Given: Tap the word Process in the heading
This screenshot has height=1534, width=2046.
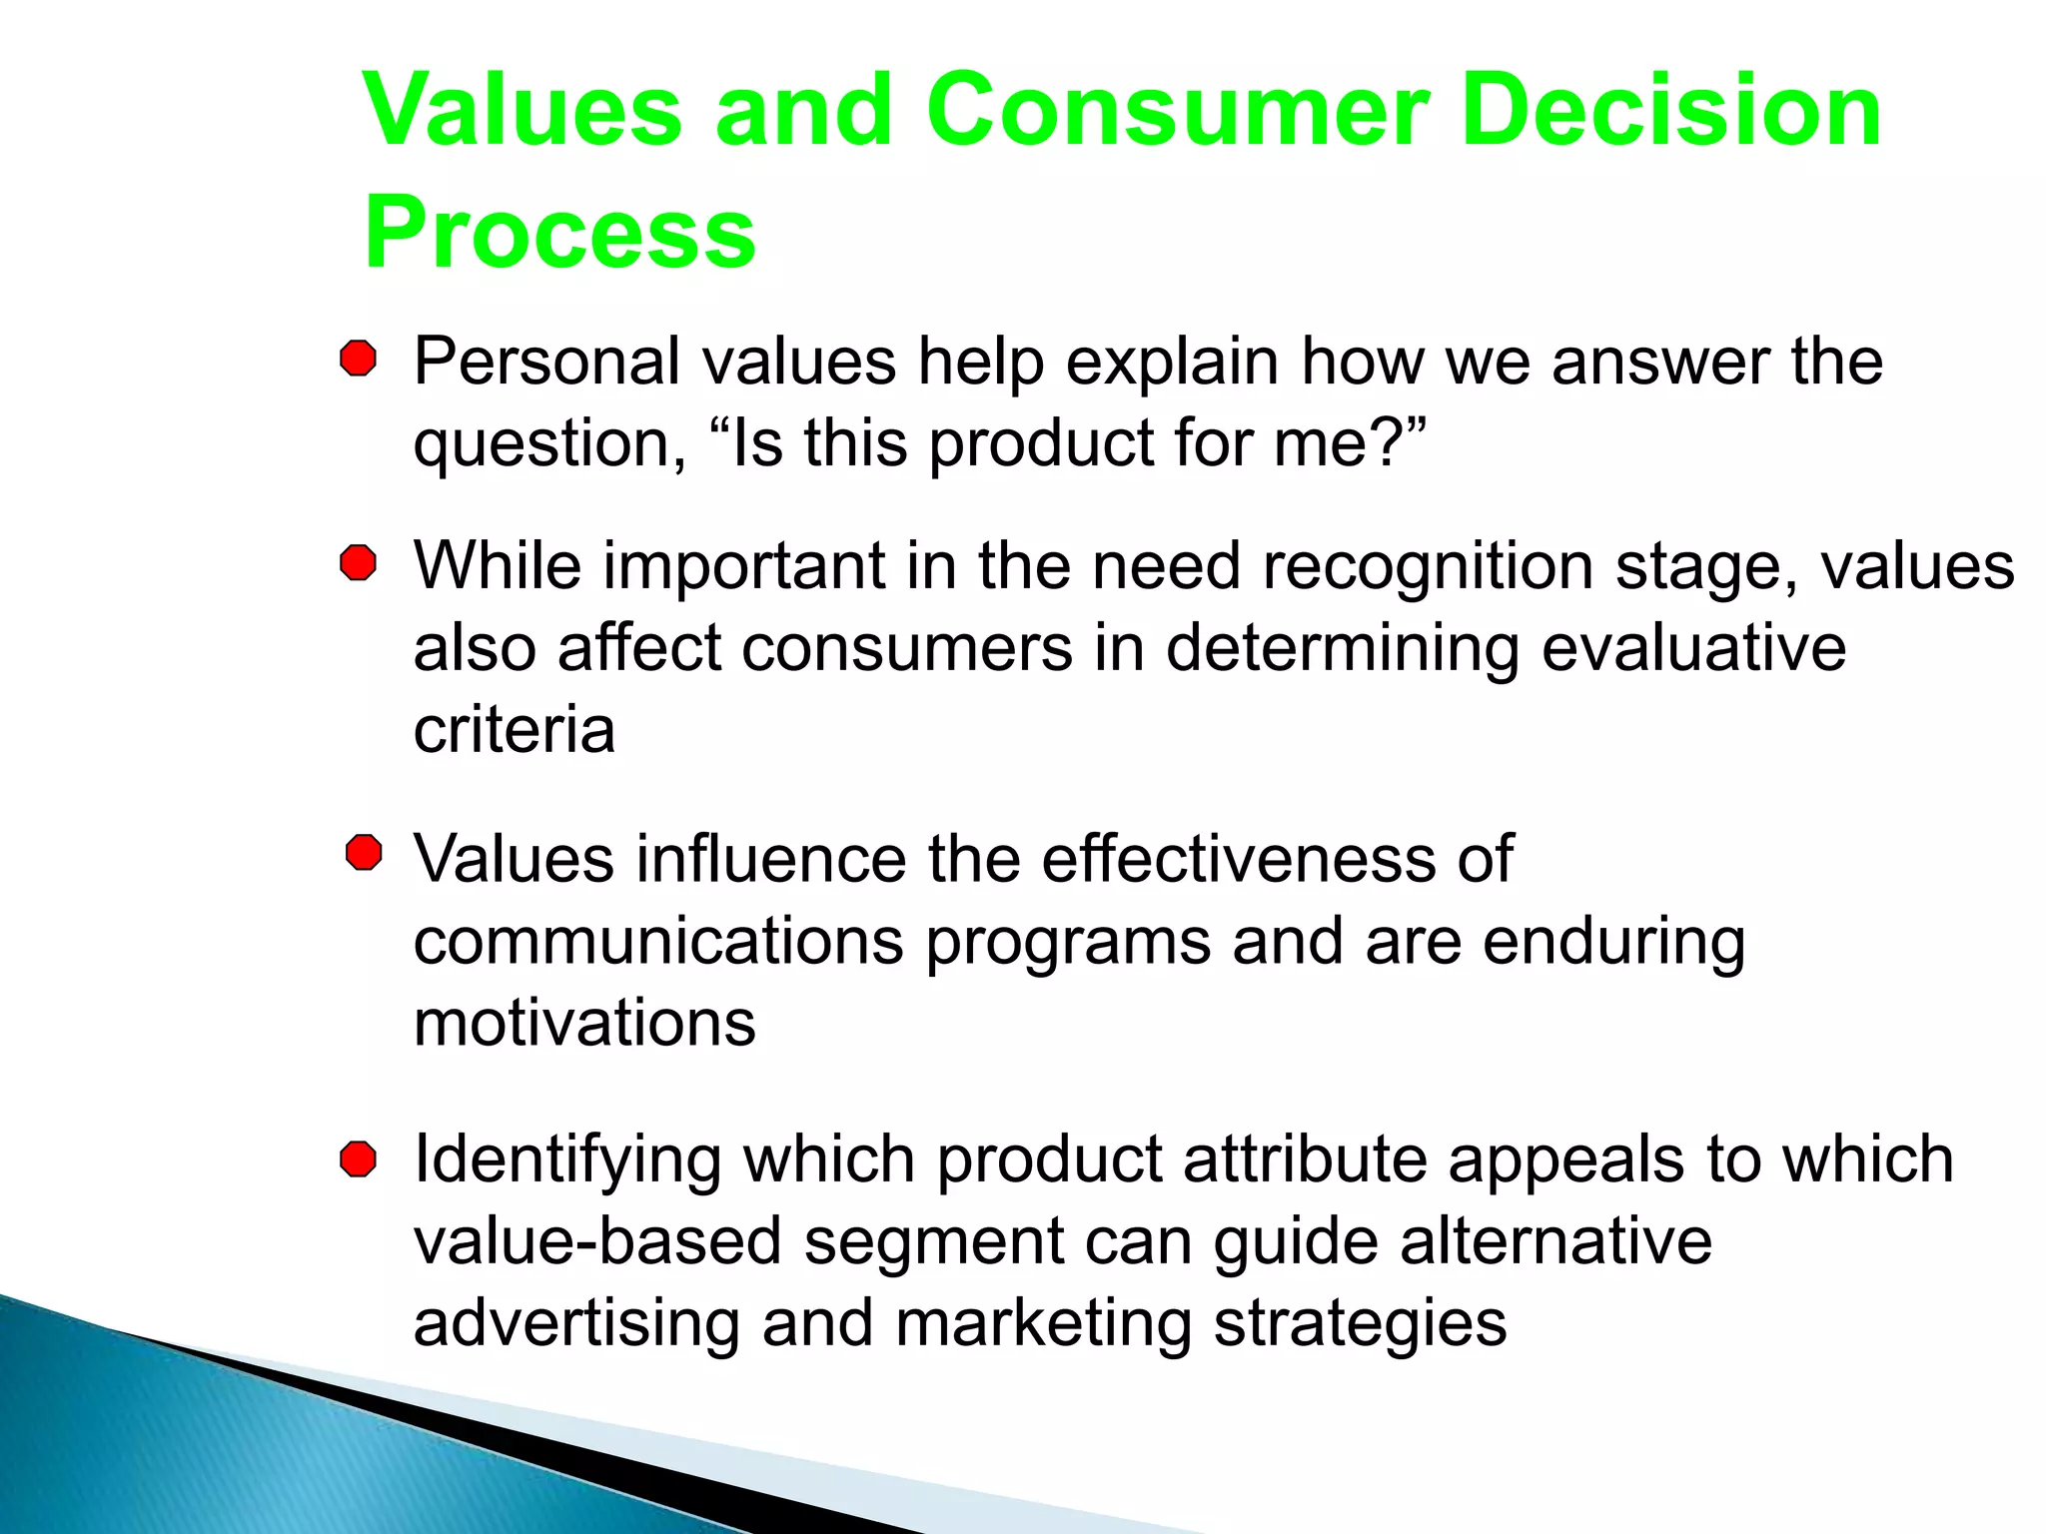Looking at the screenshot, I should point(559,234).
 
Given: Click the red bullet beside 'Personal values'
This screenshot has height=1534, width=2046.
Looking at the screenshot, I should point(358,359).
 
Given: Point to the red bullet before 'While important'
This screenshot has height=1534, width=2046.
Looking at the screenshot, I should point(358,563).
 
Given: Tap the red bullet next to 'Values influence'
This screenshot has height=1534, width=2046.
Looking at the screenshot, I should point(364,854).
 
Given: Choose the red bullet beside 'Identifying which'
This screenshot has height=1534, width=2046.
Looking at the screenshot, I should point(358,1159).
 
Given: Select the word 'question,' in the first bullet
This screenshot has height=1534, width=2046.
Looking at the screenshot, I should point(549,445).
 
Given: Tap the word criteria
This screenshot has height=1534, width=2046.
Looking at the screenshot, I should point(513,730).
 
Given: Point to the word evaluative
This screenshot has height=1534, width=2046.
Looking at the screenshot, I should point(1693,649).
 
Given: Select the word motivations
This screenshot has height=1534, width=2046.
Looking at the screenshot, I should point(584,1024).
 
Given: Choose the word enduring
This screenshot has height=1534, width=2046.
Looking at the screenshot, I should point(1613,943).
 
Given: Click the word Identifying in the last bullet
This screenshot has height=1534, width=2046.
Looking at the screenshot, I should point(566,1161).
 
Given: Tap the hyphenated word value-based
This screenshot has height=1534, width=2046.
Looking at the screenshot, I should point(596,1242).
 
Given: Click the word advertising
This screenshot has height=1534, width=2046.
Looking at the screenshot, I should point(575,1324).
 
